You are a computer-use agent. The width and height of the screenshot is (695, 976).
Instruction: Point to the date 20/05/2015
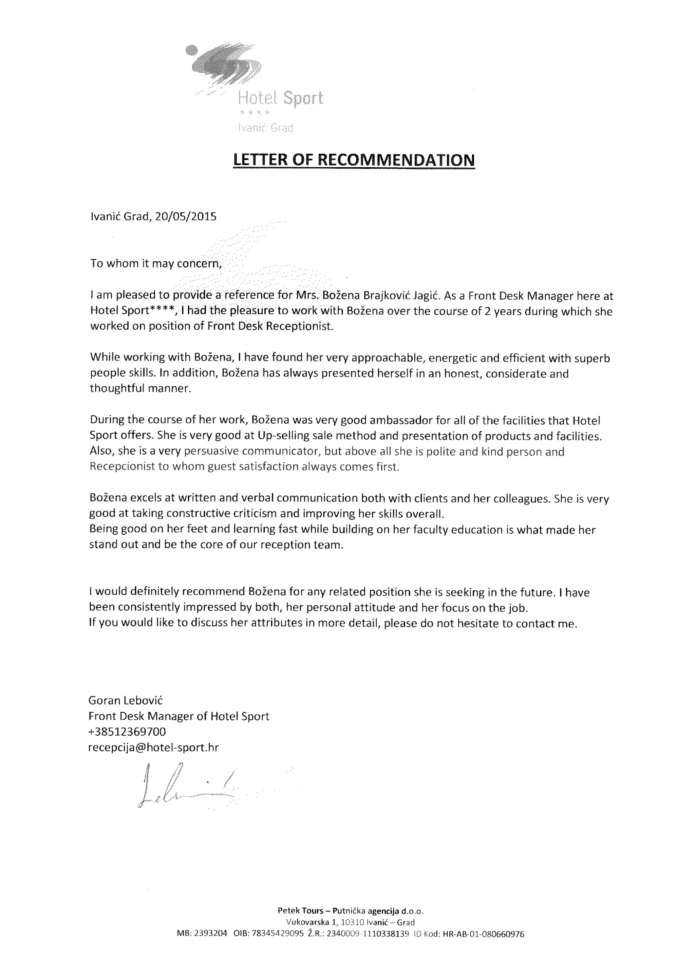[x=186, y=217]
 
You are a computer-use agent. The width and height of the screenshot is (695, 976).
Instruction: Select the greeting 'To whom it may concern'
[x=156, y=263]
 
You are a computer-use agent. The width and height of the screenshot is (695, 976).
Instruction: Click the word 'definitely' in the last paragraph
[x=154, y=592]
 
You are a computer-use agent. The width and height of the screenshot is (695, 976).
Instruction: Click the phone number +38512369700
[x=127, y=732]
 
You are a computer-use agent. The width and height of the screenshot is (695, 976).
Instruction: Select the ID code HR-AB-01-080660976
[x=483, y=934]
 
